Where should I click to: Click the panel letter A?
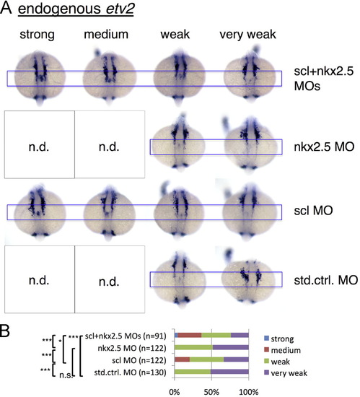pos(6,8)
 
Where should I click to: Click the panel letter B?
pos(5,331)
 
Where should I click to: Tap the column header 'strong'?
pos(38,35)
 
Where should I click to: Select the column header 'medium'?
pos(106,34)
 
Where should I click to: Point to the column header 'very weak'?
pos(247,35)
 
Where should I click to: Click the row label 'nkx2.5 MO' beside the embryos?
pos(324,147)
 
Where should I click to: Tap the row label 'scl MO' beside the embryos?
pos(313,210)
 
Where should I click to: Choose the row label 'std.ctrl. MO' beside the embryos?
pos(326,280)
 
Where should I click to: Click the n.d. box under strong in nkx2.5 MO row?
pos(40,144)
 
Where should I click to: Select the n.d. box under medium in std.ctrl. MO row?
pos(110,279)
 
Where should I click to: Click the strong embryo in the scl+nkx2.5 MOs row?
pos(40,78)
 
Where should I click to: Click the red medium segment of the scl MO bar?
pos(182,359)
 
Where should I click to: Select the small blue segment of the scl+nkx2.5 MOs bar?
pos(176,336)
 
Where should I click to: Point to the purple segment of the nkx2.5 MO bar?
pos(231,347)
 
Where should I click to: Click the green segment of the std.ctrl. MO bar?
pos(193,372)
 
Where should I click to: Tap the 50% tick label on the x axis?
pos(211,392)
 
